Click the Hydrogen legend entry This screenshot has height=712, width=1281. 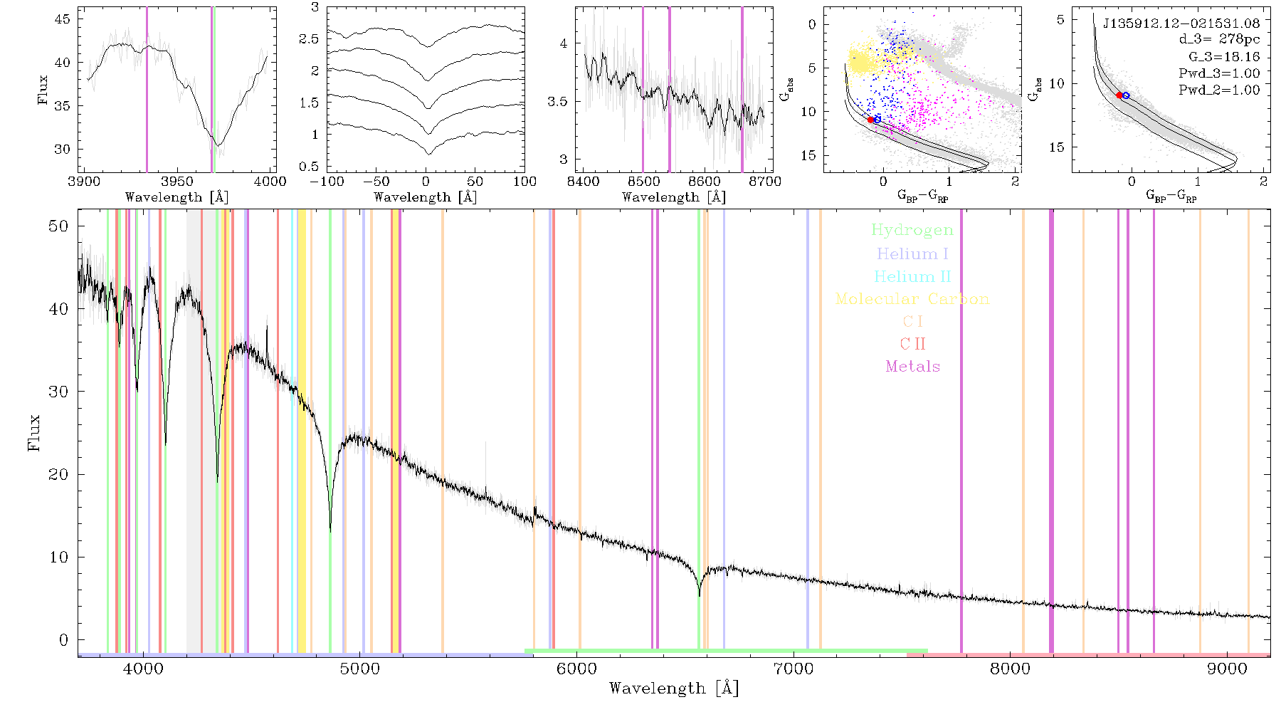coord(912,231)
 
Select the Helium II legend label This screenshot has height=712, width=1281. coord(912,276)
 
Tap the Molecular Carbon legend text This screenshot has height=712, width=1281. coord(912,299)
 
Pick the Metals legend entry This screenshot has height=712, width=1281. coord(912,366)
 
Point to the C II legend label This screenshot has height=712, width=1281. coord(912,344)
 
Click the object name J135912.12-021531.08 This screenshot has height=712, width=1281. coord(1181,23)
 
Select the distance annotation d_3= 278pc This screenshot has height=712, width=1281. coord(1219,40)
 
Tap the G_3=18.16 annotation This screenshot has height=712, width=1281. coord(1224,57)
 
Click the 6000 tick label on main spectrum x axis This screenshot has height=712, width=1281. coord(576,669)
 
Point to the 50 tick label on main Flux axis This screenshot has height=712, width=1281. coord(59,226)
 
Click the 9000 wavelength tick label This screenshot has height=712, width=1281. coord(1226,669)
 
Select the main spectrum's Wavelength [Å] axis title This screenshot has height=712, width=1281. coord(674,689)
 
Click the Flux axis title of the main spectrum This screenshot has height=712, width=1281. coord(33,432)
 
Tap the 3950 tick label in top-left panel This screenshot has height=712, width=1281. coord(177,182)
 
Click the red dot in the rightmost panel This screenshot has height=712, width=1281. coord(1119,95)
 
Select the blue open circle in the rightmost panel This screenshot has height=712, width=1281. coord(1126,95)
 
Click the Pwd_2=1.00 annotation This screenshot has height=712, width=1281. coord(1219,90)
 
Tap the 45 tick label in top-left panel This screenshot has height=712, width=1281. coord(63,19)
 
